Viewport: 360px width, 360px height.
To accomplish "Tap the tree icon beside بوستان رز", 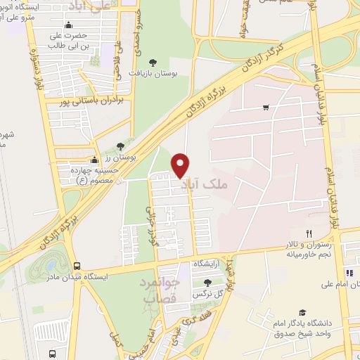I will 120,145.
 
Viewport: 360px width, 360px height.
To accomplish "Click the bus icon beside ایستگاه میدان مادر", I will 76,266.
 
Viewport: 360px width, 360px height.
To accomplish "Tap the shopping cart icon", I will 266,108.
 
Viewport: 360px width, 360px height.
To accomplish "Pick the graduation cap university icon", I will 302,311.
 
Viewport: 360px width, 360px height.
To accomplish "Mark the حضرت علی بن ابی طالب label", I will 67,40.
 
